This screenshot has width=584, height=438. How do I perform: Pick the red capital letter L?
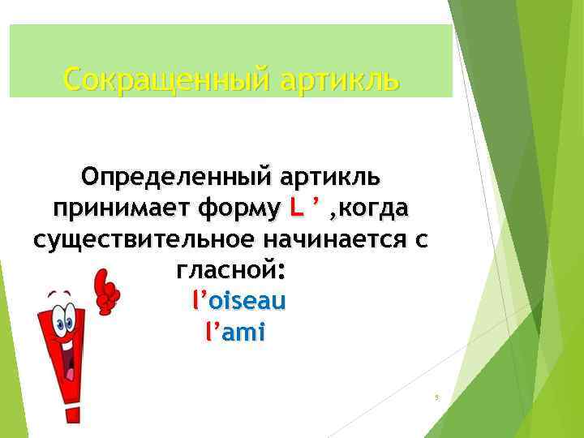pyautogui.click(x=295, y=208)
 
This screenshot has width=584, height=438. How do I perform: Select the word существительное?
pyautogui.click(x=137, y=241)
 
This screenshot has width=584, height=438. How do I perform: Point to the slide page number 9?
pyautogui.click(x=436, y=397)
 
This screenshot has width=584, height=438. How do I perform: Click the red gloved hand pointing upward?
pyautogui.click(x=105, y=293)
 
